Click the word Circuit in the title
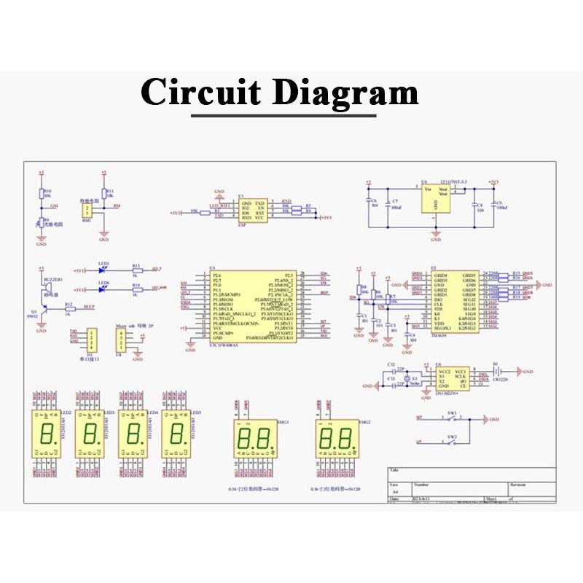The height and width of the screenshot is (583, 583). (x=202, y=93)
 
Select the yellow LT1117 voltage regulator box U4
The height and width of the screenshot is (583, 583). (x=435, y=197)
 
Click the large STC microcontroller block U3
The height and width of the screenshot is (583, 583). (x=253, y=307)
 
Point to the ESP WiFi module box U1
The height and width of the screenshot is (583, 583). (x=252, y=209)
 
